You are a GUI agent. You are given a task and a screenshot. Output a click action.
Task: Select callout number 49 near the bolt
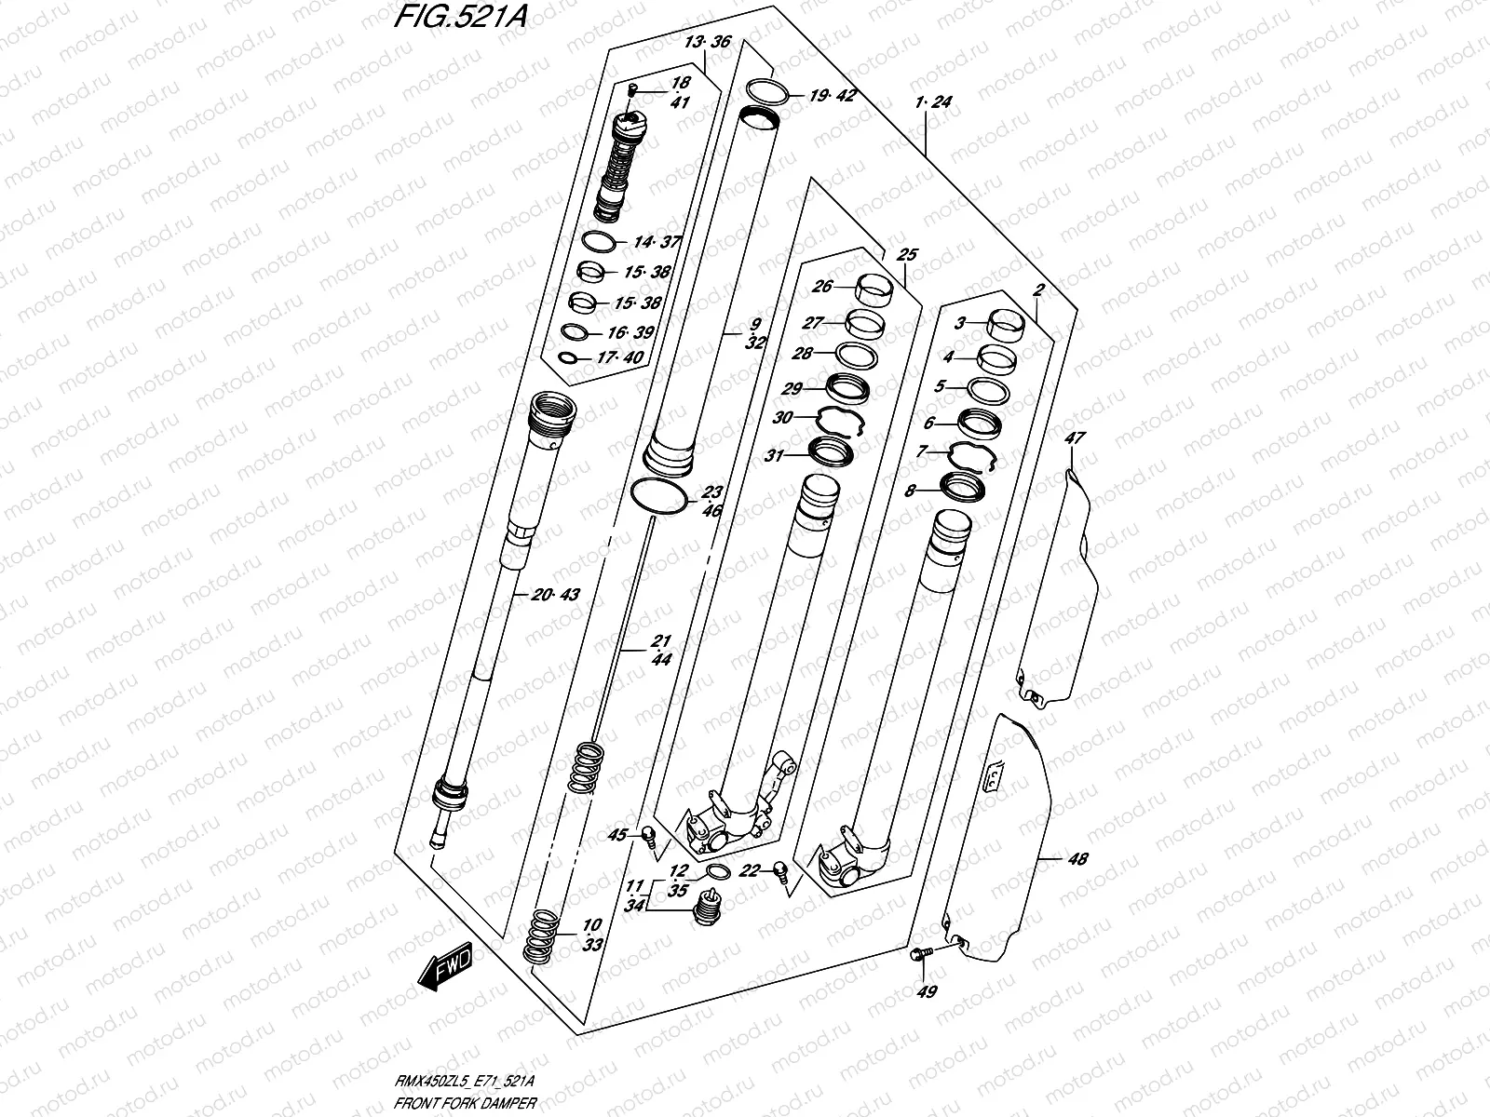(926, 992)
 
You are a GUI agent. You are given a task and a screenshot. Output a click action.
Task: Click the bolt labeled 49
(918, 953)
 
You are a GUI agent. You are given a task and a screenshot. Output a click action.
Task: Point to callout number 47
(1076, 437)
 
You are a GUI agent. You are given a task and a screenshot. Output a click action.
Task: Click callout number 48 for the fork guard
(1077, 859)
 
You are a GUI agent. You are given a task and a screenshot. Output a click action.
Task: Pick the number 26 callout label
(822, 287)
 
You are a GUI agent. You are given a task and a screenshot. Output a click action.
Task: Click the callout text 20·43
(557, 595)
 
